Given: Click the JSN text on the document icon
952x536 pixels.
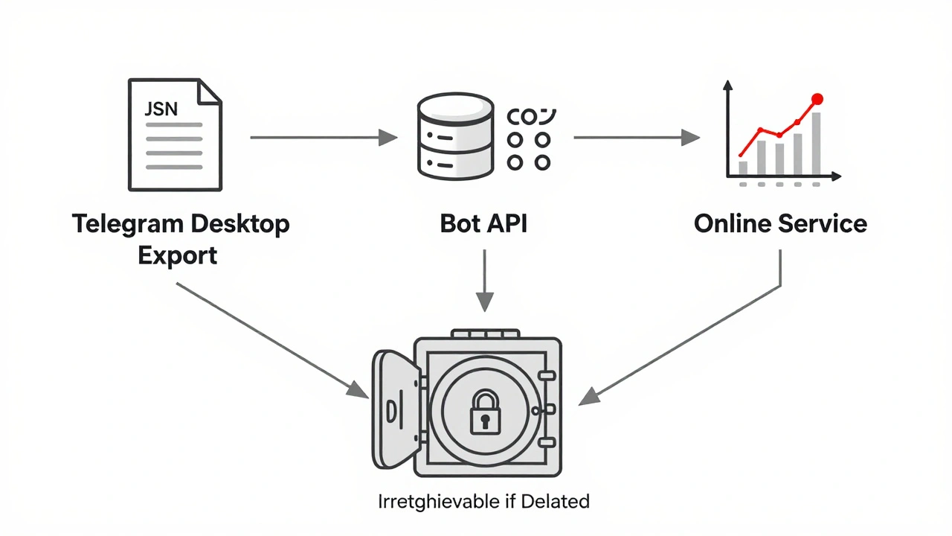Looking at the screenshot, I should pyautogui.click(x=161, y=109).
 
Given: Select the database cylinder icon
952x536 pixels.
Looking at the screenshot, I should pyautogui.click(x=455, y=138).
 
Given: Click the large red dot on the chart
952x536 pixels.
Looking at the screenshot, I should pyautogui.click(x=817, y=98).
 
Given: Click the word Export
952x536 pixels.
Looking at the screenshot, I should pyautogui.click(x=178, y=255).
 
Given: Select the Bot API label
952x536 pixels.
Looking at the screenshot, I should pyautogui.click(x=483, y=223).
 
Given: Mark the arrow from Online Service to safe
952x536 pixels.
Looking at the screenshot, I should pyautogui.click(x=684, y=342).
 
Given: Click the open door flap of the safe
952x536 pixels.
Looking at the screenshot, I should pyautogui.click(x=395, y=409).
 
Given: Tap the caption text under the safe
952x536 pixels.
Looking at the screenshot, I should pyautogui.click(x=483, y=501).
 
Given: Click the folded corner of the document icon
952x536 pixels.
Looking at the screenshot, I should pyautogui.click(x=209, y=92).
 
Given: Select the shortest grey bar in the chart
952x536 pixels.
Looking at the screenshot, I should pyautogui.click(x=743, y=167).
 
